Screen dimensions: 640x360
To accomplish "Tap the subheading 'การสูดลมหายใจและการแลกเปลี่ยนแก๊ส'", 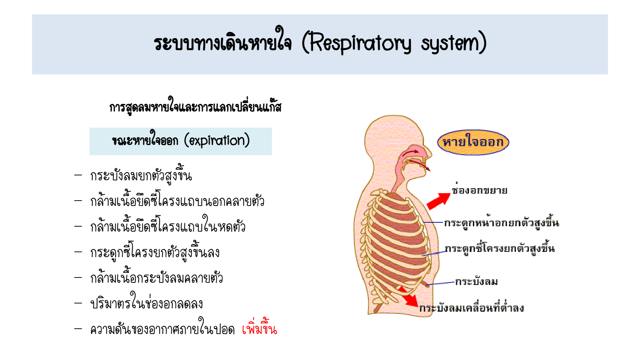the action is coord(195,106).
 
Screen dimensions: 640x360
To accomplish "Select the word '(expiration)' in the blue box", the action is coord(217,141).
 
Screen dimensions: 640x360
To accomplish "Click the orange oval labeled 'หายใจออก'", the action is coord(473,142).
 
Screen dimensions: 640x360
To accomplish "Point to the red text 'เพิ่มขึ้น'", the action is coord(259,328).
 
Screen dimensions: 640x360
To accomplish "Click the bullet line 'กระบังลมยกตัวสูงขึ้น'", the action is coord(141,175).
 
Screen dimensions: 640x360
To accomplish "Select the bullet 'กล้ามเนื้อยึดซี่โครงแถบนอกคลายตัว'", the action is coord(177,201).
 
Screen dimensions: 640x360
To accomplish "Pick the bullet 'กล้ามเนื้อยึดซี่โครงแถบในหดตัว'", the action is coord(168,226).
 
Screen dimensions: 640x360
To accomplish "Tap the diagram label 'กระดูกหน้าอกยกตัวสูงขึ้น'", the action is coord(501,222).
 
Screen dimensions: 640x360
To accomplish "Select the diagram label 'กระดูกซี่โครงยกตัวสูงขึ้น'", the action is coord(500,248).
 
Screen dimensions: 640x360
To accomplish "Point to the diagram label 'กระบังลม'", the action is coord(476,282).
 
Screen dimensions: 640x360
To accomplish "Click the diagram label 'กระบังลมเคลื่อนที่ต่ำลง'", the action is coord(471,307).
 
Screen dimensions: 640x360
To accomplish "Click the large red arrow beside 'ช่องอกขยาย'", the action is coord(439,201).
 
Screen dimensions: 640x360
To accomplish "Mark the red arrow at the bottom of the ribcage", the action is coord(409,296).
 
